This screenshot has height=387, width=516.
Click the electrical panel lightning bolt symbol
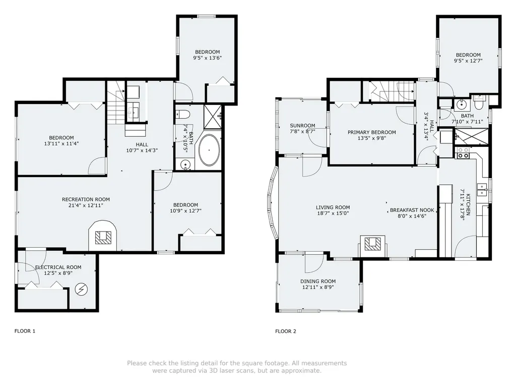pos(81,289)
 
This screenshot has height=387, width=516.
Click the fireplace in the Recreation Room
pos(103,236)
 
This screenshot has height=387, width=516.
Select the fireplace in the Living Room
pos(372,244)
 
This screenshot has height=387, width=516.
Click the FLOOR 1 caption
pos(25,331)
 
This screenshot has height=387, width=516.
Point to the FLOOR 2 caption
pos(286,331)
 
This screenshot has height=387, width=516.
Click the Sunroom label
pos(302,126)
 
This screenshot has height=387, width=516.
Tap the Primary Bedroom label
pos(371,132)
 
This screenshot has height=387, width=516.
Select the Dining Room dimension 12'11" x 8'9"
pos(317,288)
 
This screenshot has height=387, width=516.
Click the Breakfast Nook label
pos(412,210)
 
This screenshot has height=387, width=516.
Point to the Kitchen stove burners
pos(463,153)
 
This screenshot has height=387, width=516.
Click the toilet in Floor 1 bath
pos(182,114)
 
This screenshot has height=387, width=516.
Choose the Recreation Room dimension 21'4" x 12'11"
pos(86,206)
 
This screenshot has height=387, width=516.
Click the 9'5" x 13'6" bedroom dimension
pos(207,58)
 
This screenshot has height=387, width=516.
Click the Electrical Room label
pos(58,267)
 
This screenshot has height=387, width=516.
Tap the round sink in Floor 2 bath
pos(461,106)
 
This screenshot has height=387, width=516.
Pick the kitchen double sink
pos(482,190)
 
